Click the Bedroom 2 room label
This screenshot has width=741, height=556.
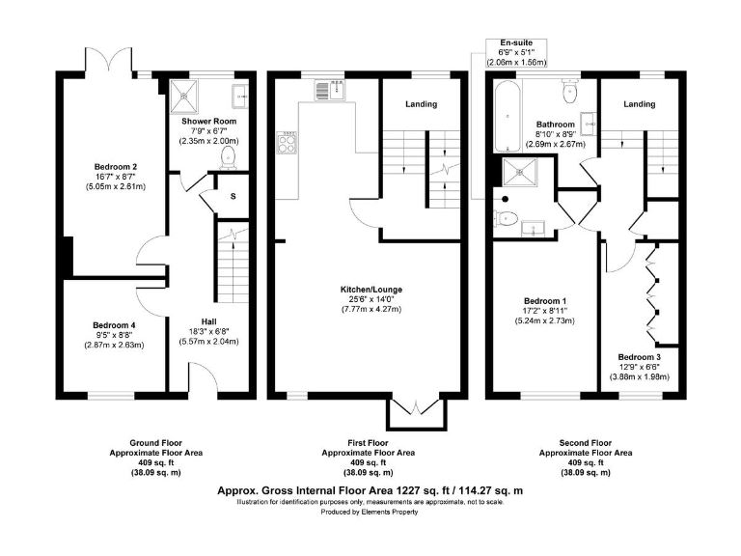[116, 167]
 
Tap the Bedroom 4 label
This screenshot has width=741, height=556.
[115, 325]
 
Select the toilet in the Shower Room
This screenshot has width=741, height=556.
[230, 157]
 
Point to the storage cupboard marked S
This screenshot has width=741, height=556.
[233, 196]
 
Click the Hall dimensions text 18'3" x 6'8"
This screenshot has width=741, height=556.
[208, 331]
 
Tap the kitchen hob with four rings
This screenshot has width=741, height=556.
[287, 142]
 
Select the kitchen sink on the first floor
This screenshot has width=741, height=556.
[331, 91]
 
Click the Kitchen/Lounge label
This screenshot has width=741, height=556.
[371, 290]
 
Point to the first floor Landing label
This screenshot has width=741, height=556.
[421, 104]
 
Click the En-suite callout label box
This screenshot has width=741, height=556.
[516, 52]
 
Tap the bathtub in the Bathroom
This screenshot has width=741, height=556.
[508, 116]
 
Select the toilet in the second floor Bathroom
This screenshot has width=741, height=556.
[570, 92]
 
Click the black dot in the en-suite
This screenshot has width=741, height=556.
[506, 199]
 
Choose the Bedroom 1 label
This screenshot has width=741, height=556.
[545, 301]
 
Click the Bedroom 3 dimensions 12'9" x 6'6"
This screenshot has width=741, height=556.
[639, 367]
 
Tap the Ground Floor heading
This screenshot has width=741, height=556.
[156, 443]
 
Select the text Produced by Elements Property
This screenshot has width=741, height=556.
[370, 512]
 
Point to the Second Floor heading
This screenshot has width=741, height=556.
[586, 443]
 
